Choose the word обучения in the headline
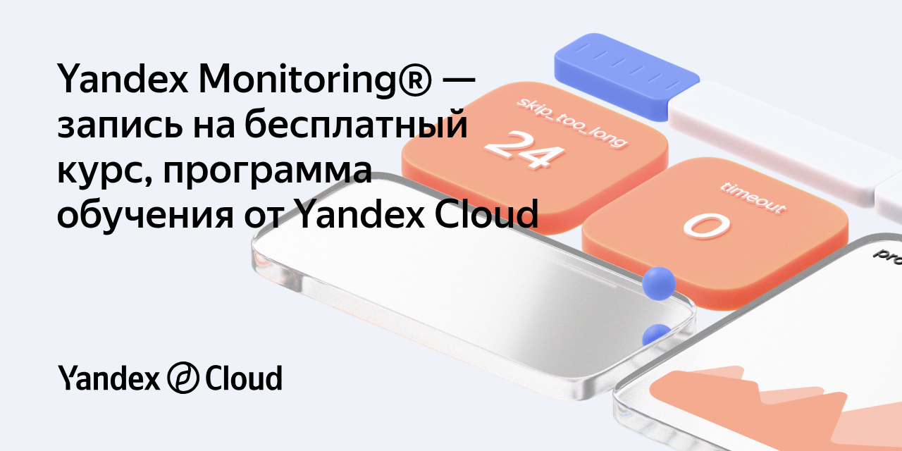tap(145, 214)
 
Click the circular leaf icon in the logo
tap(183, 377)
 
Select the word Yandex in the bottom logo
tap(109, 378)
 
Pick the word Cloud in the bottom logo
tap(244, 378)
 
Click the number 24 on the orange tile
tap(524, 149)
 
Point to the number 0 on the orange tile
tap(707, 226)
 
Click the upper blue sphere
tap(659, 283)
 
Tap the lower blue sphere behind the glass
tap(656, 335)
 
